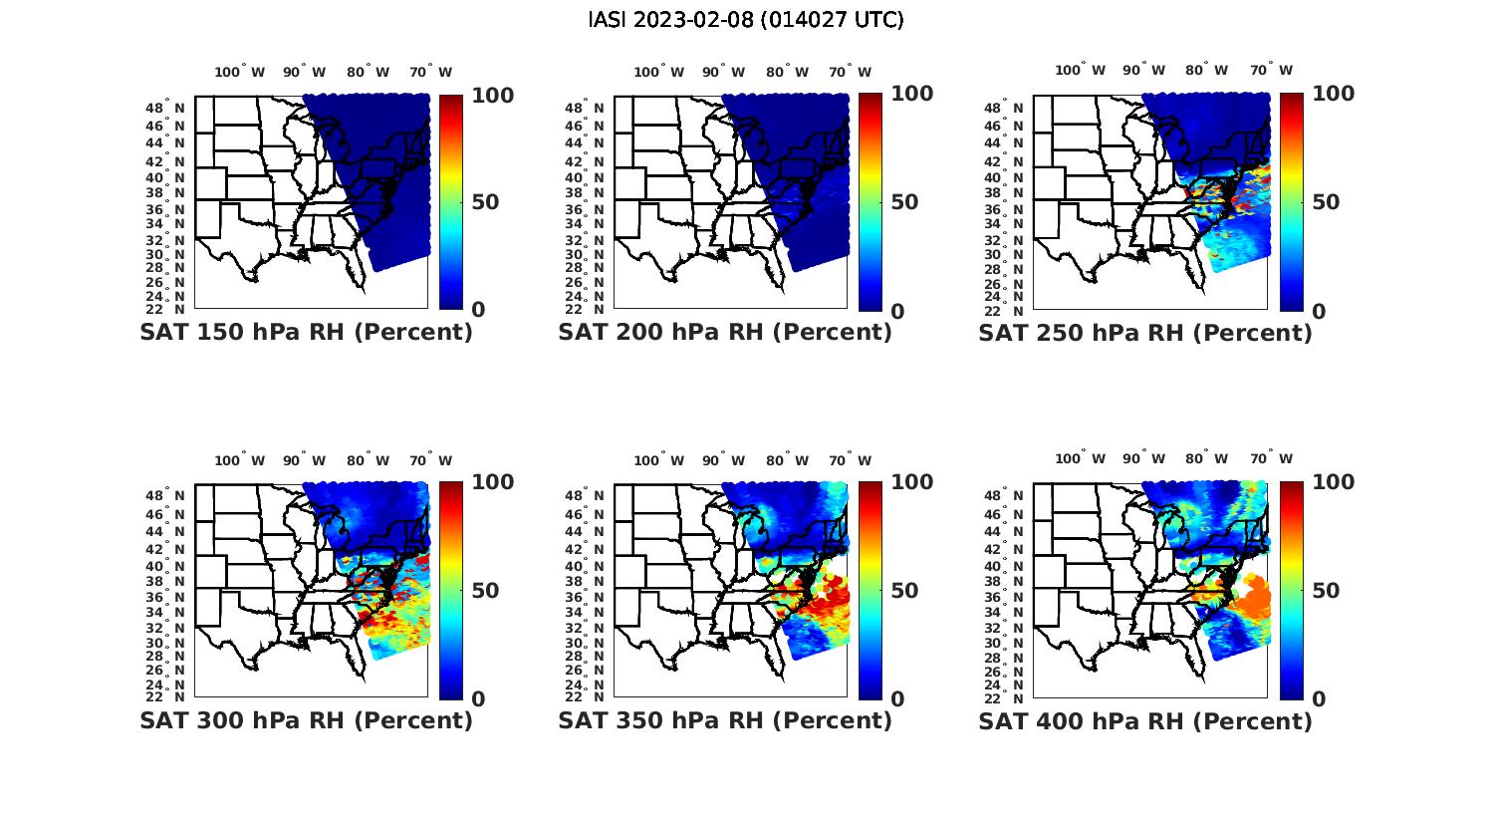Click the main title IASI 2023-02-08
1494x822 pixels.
[746, 20]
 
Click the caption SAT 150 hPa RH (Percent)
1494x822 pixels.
[306, 333]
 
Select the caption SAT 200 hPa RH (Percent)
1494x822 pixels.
[725, 333]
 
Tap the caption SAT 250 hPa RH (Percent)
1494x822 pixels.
[1145, 333]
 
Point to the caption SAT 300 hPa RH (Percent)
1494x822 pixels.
[306, 720]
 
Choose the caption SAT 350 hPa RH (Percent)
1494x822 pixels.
[725, 720]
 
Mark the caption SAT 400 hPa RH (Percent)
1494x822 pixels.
[1145, 720]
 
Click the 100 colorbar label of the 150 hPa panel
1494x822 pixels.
[493, 95]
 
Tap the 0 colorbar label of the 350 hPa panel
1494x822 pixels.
[897, 698]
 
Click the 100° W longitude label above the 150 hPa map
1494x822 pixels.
[240, 72]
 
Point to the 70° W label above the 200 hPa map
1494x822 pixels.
[850, 72]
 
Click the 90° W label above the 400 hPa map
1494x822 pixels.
[1144, 459]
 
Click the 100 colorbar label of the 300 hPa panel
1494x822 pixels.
[493, 482]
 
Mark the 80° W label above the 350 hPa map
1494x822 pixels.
[787, 460]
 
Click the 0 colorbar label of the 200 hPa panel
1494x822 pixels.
[897, 311]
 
